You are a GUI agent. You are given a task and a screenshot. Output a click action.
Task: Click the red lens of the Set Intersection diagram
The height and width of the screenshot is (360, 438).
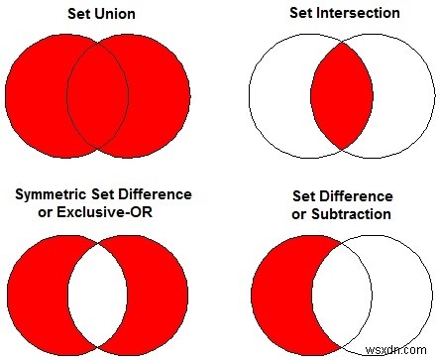pyautogui.click(x=340, y=96)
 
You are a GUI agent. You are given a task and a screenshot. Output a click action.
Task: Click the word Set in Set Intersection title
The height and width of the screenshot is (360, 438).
pyautogui.click(x=297, y=14)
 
